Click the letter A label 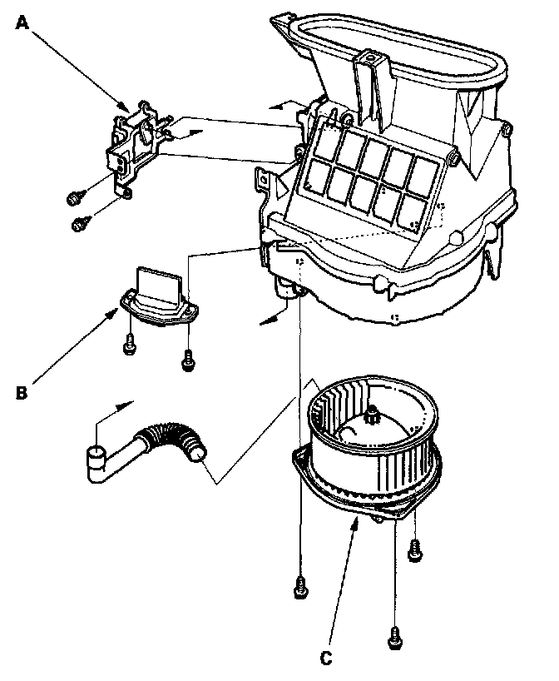pos(23,24)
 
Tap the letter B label pos(22,390)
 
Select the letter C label pos(327,656)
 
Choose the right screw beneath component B pos(188,359)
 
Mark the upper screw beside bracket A pos(75,196)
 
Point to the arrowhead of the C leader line pos(359,521)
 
